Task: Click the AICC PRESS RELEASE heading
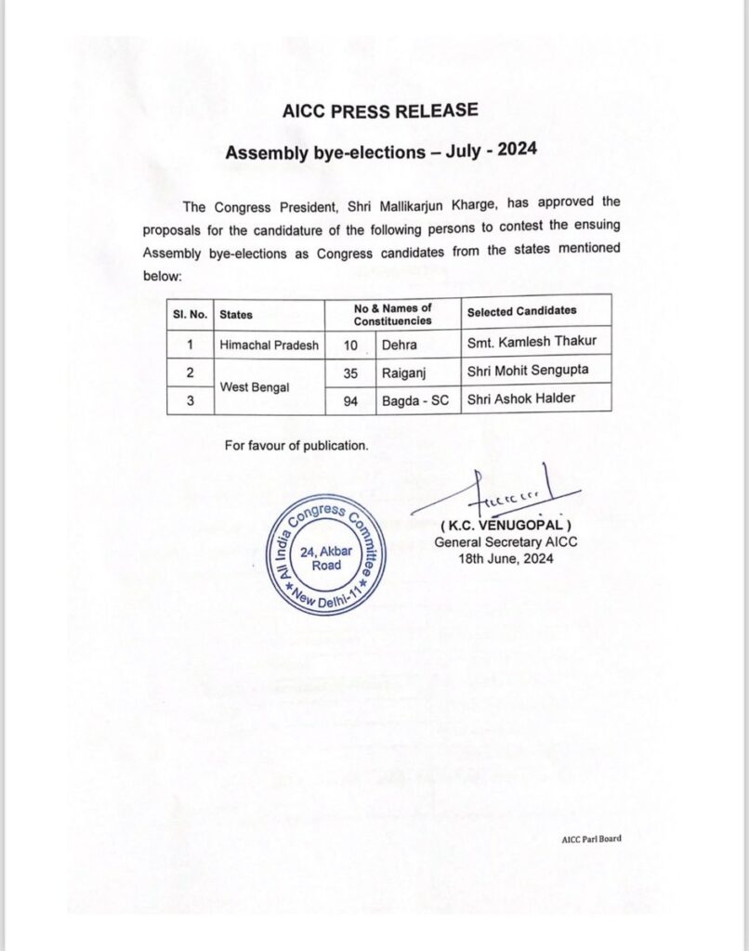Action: [379, 111]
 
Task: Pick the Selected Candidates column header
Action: [521, 310]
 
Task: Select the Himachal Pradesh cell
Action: [269, 344]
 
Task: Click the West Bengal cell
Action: [255, 384]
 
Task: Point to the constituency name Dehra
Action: [400, 344]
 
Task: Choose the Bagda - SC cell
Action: [415, 399]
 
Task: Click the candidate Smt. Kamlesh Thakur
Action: [532, 342]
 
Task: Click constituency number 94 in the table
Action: [349, 399]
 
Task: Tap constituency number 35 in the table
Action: [349, 371]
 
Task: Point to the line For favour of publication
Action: [296, 446]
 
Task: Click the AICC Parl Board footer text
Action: [591, 839]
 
